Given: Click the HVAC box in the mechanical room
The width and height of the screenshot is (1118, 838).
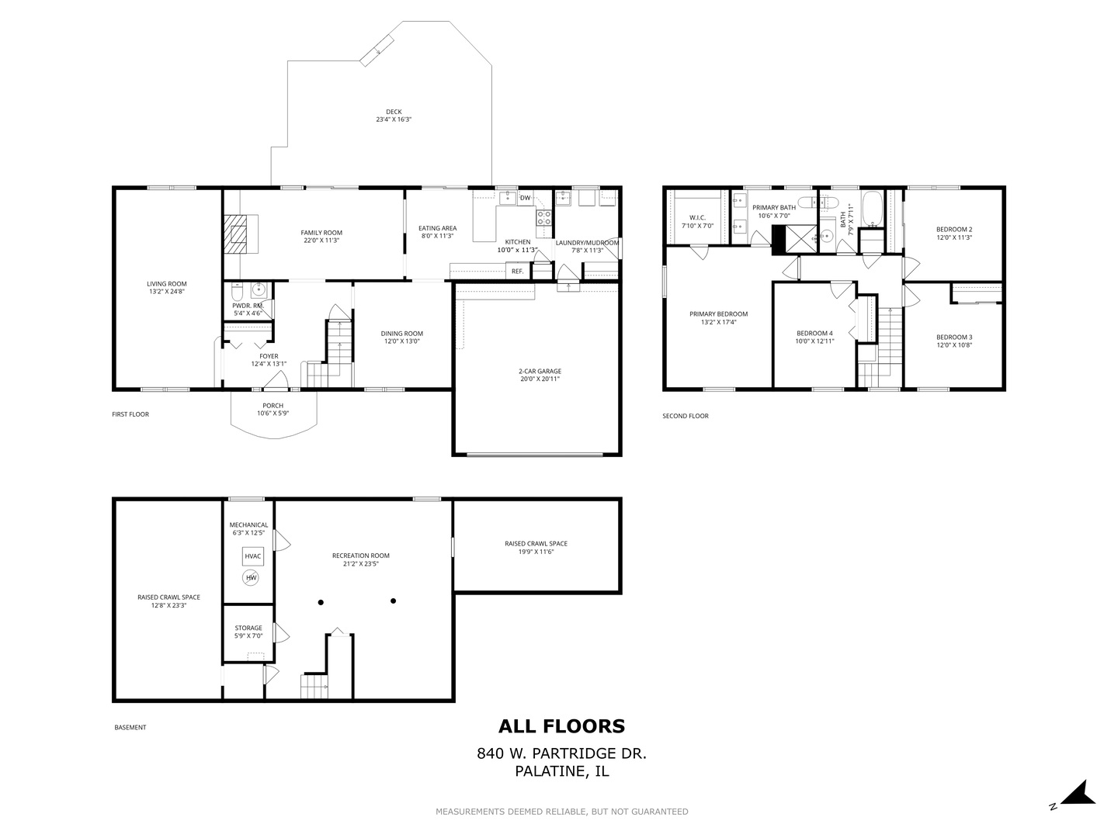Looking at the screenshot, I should pos(253,556).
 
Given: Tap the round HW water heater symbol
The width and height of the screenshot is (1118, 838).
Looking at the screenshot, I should pos(251,578).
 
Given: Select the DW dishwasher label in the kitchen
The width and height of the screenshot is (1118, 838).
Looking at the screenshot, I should pos(526,198).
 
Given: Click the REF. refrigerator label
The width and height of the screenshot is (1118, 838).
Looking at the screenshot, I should pos(517,272).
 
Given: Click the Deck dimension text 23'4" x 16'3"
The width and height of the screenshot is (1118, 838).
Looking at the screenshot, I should pos(394,120).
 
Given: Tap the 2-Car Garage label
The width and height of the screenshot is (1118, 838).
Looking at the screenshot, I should pos(540,371).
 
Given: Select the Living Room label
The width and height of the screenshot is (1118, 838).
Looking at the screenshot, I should pos(167,284).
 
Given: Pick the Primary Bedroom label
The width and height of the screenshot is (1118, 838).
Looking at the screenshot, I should pos(718,314).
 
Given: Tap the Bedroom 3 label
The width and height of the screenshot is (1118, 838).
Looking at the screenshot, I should pos(954,337).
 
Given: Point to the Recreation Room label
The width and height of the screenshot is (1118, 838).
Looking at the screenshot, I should pos(360,556).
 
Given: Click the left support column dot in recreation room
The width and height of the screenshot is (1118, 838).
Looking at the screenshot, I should pos(320,602).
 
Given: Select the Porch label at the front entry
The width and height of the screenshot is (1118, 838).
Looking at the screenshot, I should pos(273,406).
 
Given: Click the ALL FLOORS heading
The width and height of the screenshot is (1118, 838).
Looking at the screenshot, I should pos(561,726).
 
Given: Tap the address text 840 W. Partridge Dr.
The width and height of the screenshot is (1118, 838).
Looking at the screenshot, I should pos(561,753).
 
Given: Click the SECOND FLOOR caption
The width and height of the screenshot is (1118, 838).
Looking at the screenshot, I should pos(685,416).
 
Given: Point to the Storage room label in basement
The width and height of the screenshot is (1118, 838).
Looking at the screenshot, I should pos(248,628).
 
